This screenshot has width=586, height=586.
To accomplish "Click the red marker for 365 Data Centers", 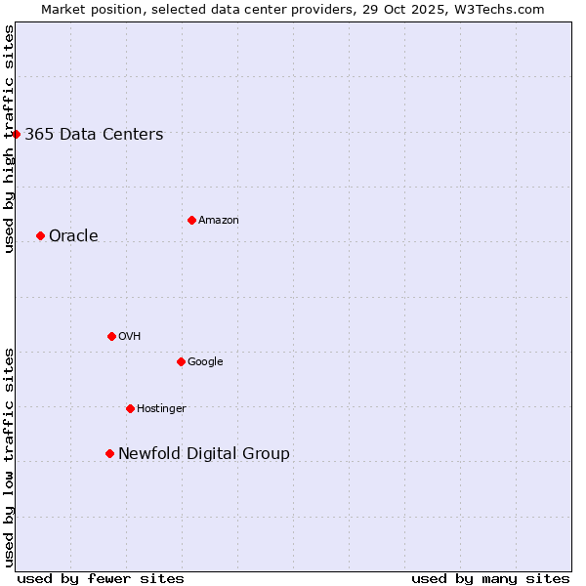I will coord(17,134).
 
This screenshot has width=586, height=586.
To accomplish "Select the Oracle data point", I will coord(40,235).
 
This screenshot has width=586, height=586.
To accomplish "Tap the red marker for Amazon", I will coord(191,220).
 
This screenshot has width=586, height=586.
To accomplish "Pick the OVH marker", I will coord(111,336).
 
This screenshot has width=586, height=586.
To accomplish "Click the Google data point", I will coord(181,361).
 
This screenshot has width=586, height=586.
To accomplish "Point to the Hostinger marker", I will coord(130,408).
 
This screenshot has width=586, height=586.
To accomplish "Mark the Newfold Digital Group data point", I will coord(109,453).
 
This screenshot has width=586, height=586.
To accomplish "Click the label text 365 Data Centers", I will coord(94,135).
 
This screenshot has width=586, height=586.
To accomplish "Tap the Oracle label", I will coord(73,236).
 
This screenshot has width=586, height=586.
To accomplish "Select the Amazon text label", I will coord(218,221).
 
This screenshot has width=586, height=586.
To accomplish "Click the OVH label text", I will coord(129,337).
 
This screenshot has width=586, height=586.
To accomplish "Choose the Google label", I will coord(205,362).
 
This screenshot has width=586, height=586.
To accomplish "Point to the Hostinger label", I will coord(161,409).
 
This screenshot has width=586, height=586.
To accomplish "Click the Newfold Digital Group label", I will coord(203,454).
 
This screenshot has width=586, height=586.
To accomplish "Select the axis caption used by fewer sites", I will coord(101,579).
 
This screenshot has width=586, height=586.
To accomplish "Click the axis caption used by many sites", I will coord(490,579).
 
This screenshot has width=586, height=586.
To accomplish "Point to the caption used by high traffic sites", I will coord(10,139).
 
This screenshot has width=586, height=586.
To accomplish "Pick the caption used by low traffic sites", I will coord(10,457).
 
